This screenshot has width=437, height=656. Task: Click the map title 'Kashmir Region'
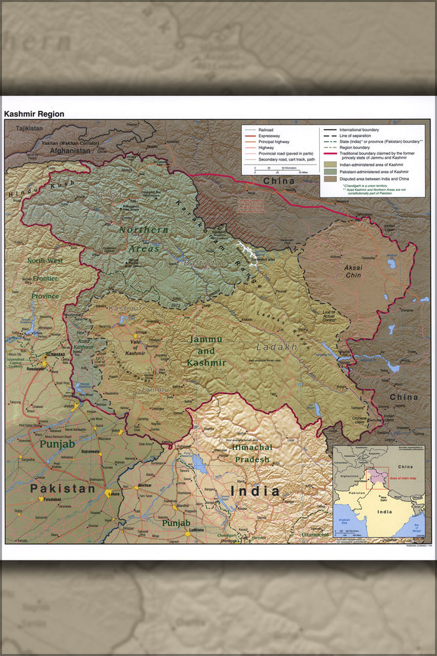(x=34, y=113)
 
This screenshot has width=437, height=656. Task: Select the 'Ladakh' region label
(x=276, y=346)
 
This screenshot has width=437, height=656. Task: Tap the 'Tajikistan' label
(x=29, y=129)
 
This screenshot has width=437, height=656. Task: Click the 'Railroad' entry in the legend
(x=266, y=130)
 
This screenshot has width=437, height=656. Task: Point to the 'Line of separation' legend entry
(x=356, y=136)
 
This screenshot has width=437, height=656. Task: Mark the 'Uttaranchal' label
(x=315, y=535)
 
